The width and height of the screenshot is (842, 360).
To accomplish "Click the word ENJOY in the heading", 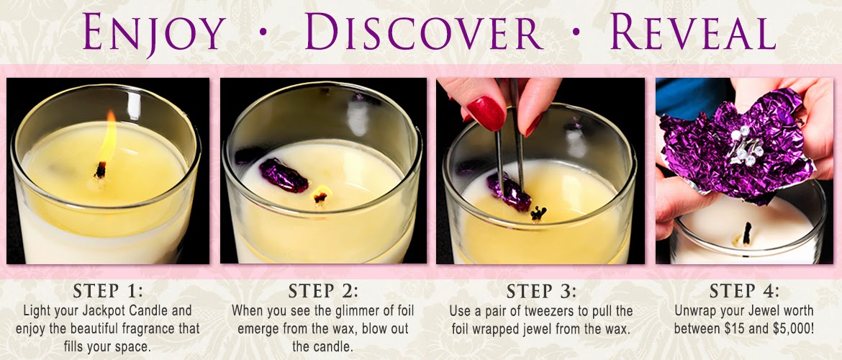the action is point(154,33).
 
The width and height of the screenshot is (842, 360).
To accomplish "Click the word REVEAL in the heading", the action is point(693,32).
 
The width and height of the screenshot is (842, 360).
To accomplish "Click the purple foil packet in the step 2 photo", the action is point(283,175).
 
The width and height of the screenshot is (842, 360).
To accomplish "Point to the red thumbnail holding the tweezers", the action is point(486,113).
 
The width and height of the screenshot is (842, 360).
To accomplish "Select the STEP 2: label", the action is point(323,291).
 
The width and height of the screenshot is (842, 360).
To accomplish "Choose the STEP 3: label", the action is point(541,291).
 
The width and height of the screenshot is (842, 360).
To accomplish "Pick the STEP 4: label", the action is point(744,291).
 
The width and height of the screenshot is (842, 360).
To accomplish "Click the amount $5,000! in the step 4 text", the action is point(794,328).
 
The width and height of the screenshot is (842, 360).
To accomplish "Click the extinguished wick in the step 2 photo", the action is point(321,196).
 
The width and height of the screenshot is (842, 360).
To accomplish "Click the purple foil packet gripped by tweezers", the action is point(509,192).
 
